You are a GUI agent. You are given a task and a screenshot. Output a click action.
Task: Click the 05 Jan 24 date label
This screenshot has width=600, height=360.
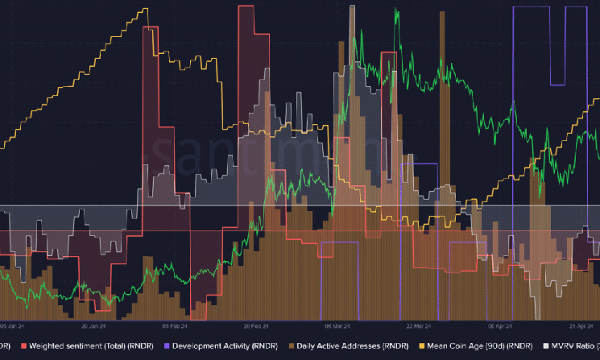coord(14,327)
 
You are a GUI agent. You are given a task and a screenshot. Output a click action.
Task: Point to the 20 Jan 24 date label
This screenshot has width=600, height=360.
coord(94,327)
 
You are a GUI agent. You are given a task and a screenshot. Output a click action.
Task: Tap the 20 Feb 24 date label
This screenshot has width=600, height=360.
coord(257,327)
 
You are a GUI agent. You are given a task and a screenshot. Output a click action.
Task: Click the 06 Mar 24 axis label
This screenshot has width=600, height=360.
coord(338,327)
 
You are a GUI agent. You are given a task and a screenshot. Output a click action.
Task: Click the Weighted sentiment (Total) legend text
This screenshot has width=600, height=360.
coord(83,346)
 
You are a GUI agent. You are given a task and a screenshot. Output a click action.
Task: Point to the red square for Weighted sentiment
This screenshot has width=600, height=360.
coord(24,346)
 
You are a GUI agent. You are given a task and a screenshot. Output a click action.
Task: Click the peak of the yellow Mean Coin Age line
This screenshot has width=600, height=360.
coord(146,9)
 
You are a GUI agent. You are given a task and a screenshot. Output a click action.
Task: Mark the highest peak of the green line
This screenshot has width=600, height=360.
coord(396,10)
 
